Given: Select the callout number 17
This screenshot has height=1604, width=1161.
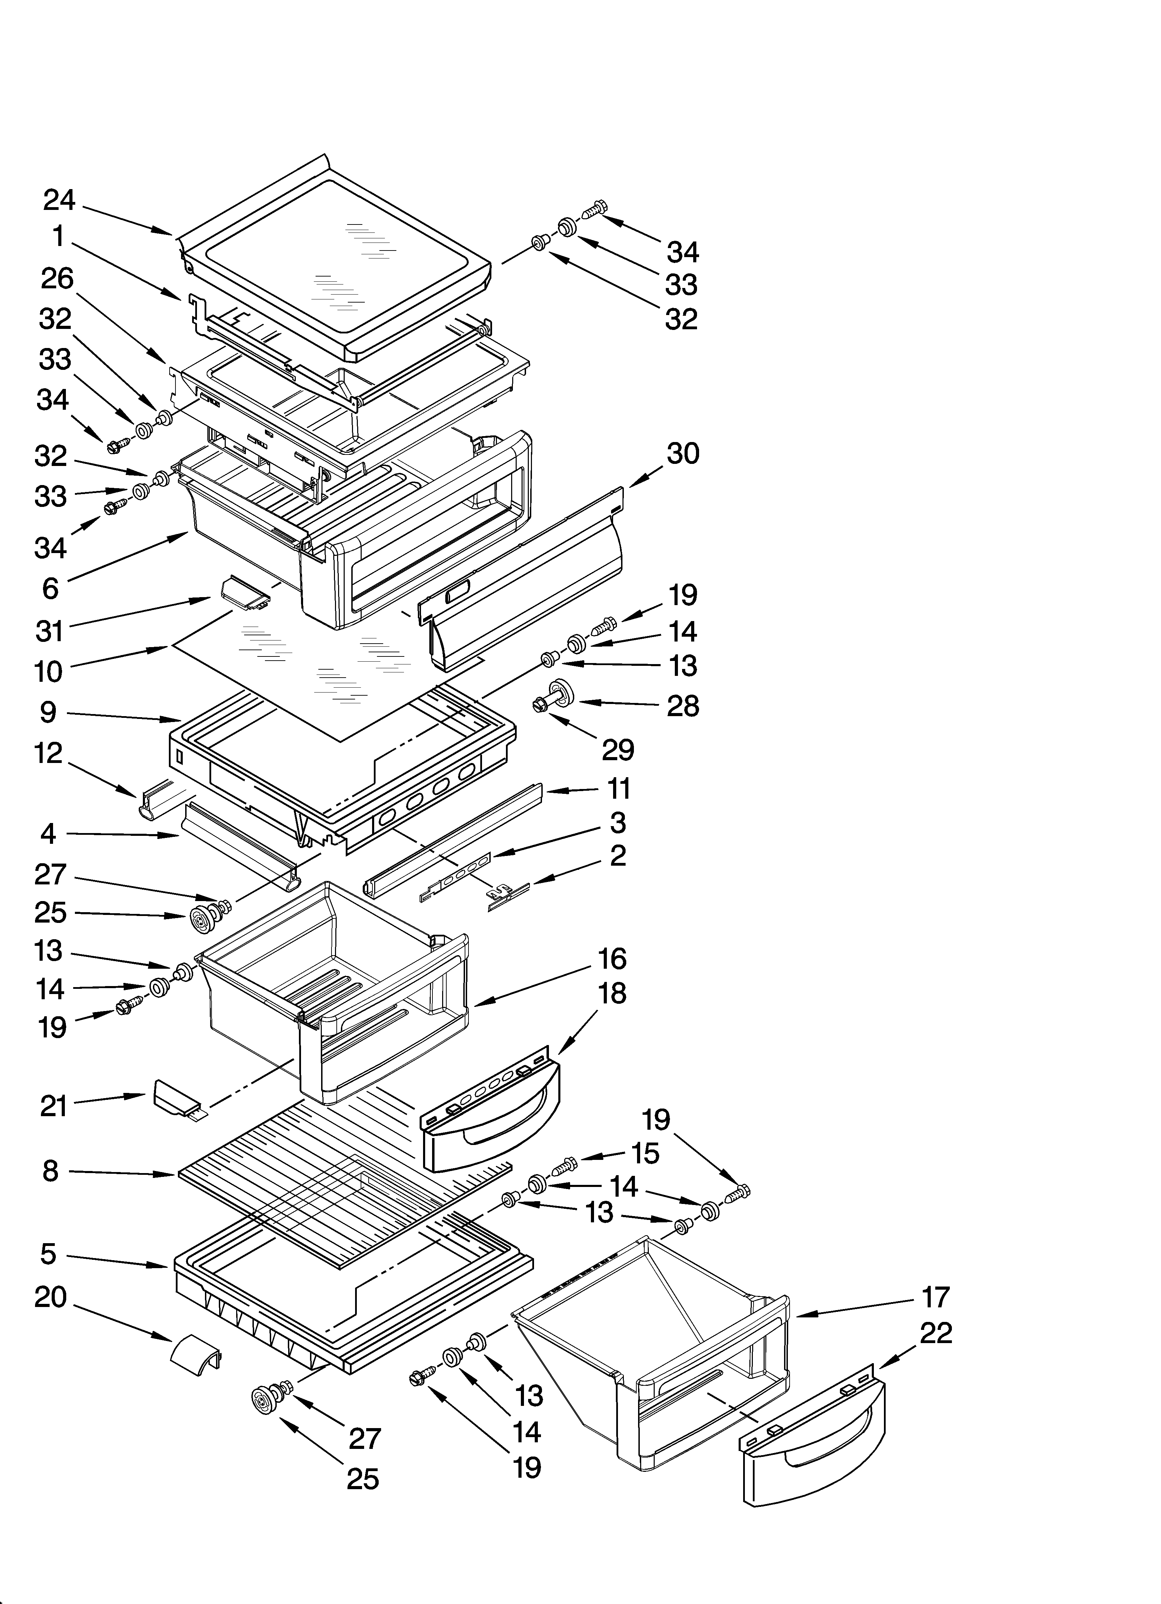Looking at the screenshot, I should click(x=936, y=1298).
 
